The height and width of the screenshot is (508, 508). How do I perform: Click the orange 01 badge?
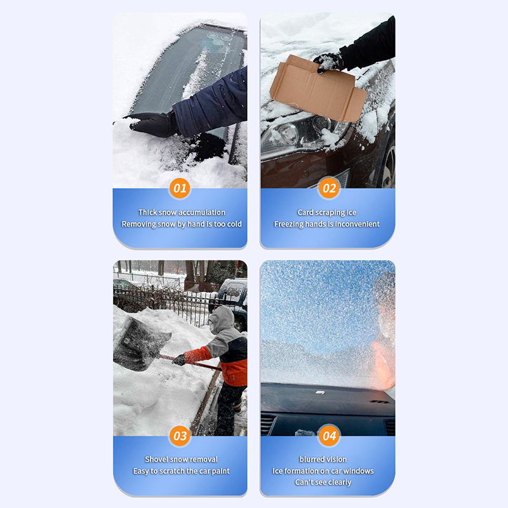click(x=180, y=188)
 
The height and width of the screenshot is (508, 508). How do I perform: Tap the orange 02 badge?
click(x=329, y=188)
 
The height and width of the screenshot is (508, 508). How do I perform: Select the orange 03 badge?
click(x=180, y=436)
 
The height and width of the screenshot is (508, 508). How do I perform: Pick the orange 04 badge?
click(x=329, y=436)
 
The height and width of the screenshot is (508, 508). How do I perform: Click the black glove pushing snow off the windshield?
click(x=152, y=124)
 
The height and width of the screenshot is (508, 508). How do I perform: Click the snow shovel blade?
click(x=139, y=344)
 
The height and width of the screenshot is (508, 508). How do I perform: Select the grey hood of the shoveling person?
click(x=222, y=319)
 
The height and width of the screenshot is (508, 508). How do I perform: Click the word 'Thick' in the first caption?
click(x=147, y=212)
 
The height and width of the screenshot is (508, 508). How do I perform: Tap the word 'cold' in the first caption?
click(x=234, y=224)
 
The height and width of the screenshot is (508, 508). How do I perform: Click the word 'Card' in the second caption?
click(x=305, y=212)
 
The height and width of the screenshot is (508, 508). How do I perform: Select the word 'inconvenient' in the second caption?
click(x=357, y=224)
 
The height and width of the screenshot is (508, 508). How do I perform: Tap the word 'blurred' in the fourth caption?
click(x=311, y=459)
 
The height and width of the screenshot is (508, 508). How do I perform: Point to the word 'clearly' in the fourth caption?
click(x=340, y=483)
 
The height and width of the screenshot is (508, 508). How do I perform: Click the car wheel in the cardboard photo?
click(x=388, y=165)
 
